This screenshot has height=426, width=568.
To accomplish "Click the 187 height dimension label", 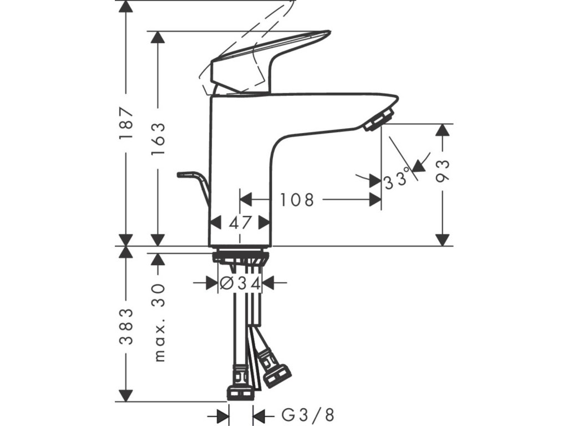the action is (126, 124).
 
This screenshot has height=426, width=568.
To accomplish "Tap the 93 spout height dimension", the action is (443, 171).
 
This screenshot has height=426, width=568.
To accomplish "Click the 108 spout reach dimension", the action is (297, 200).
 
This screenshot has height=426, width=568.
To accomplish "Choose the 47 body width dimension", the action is (240, 222).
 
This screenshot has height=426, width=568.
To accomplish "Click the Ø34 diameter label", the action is (240, 283).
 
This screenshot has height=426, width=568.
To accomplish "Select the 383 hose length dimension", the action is (126, 326).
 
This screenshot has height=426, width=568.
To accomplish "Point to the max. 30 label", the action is (159, 323).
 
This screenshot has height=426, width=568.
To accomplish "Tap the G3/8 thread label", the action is (308, 415).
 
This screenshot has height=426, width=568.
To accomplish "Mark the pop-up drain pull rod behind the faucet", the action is (194, 186).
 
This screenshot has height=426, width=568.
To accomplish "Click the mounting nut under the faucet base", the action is (241, 257).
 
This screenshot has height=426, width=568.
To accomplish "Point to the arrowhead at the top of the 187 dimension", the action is (126, 7).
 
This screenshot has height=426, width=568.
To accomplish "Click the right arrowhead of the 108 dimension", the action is (375, 199).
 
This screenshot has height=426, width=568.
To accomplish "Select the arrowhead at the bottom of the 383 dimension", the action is (126, 395).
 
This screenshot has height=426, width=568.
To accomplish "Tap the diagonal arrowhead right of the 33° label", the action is (419, 165).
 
